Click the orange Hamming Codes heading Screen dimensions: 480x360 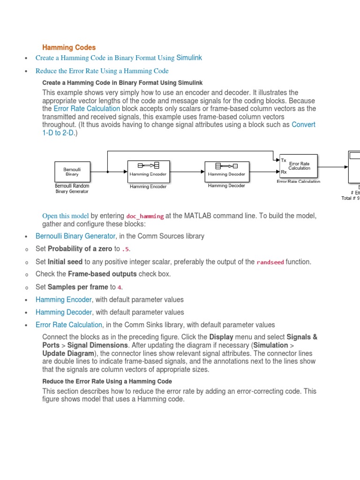pyautogui.click(x=69, y=47)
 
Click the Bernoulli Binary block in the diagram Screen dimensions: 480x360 pyautogui.click(x=72, y=172)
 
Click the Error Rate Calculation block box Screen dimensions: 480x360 pyautogui.click(x=298, y=166)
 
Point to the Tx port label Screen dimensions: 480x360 pyautogui.click(x=283, y=160)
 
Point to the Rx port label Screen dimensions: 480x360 pyautogui.click(x=283, y=172)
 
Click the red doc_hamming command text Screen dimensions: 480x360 pyautogui.click(x=145, y=216)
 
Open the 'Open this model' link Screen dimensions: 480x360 pyautogui.click(x=65, y=216)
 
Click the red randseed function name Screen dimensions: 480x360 pyautogui.click(x=270, y=262)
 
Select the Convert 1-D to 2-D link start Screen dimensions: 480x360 pyautogui.click(x=303, y=125)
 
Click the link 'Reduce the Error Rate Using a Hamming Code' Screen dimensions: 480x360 pyautogui.click(x=102, y=71)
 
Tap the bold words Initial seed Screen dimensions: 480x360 pyautogui.click(x=65, y=262)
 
